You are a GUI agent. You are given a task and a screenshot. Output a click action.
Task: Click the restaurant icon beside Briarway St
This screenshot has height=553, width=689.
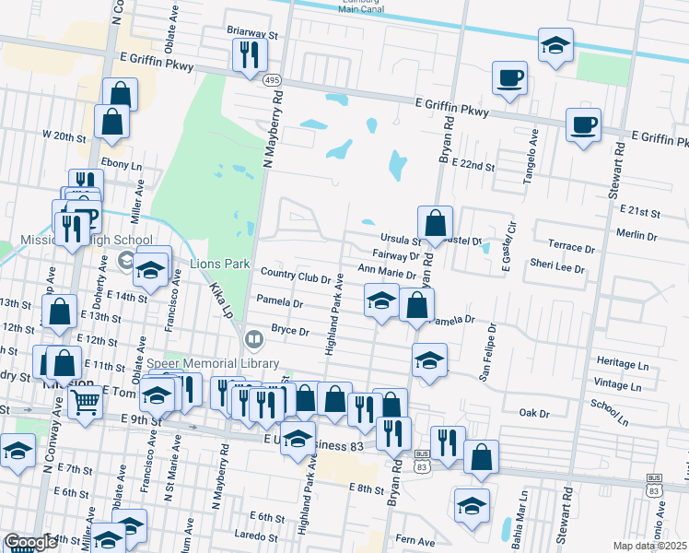click(x=250, y=54)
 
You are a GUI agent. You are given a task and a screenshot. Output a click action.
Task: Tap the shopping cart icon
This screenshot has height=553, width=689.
click(x=85, y=401)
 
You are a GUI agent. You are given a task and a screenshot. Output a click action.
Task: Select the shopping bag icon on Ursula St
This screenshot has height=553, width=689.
click(x=435, y=223)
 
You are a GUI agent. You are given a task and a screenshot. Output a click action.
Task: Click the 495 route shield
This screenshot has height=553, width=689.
click(x=274, y=80)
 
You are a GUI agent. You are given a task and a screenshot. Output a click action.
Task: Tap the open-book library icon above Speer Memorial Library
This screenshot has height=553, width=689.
click(x=255, y=340)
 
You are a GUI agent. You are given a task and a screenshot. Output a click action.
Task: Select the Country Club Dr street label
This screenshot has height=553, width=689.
click(x=295, y=274)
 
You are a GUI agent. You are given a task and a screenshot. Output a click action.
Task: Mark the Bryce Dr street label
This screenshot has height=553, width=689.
click(x=287, y=329)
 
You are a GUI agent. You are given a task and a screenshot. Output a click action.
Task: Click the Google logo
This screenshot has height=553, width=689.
click(x=30, y=542)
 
